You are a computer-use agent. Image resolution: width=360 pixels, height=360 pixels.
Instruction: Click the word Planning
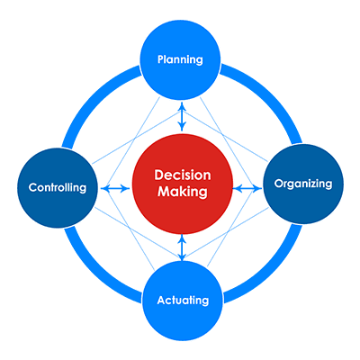pos(180,59)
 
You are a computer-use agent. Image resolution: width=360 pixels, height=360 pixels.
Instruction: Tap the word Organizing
pos(303,184)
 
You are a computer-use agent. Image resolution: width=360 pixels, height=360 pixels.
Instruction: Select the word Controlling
pos(58,187)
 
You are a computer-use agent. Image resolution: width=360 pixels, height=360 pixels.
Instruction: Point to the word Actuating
pos(183,301)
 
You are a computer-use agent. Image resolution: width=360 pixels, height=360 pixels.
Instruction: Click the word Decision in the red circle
pos(183,175)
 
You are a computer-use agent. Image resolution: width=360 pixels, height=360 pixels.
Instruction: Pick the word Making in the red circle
pos(183,192)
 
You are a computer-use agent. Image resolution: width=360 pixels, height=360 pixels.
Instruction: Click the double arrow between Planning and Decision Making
pos(182,117)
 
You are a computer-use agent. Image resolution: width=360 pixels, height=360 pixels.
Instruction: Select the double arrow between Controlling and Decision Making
pos(115,188)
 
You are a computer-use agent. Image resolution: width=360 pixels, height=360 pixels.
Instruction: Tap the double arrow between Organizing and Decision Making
pos(247,189)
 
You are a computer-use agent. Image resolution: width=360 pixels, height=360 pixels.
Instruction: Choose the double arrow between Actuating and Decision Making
pos(182,247)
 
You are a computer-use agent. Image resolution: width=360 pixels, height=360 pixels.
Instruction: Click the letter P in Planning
pos(161,59)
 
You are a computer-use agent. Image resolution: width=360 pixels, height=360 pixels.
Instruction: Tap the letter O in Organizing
pos(279,184)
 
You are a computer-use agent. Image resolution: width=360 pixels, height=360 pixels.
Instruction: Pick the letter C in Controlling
pos(33,187)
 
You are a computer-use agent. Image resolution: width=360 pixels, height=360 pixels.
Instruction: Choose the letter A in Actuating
pos(162,300)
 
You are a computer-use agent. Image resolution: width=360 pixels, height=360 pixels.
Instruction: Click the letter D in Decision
pos(158,175)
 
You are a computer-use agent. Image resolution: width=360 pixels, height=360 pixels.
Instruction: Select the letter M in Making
pos(164,192)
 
